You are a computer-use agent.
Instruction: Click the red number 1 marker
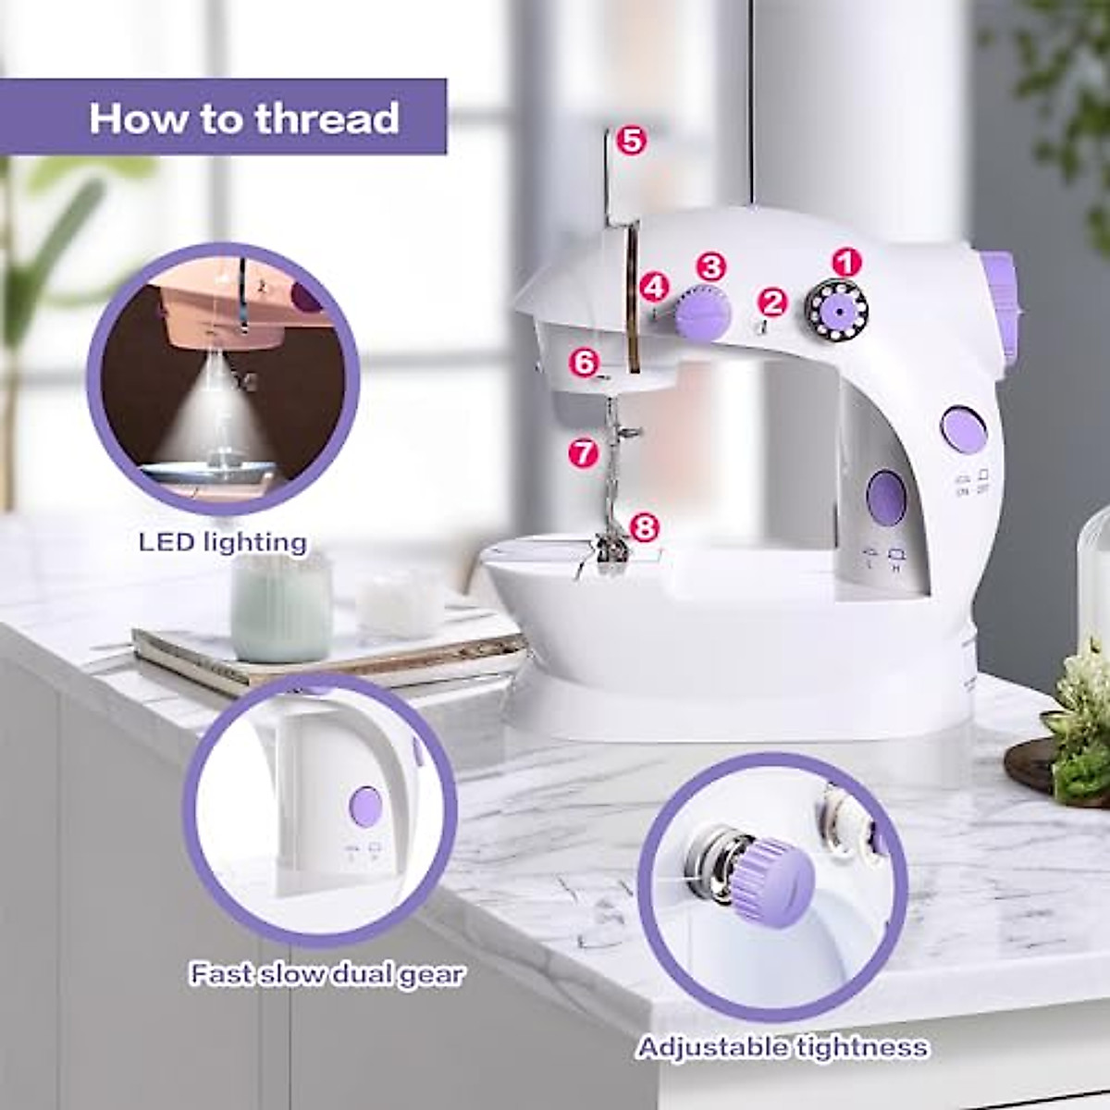tap(844, 262)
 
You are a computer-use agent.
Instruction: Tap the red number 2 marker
tap(772, 302)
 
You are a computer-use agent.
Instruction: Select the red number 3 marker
tap(710, 267)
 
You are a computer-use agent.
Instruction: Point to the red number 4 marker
tap(655, 287)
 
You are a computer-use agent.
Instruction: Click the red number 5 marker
tap(631, 141)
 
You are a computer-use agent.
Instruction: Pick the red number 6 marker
tap(585, 363)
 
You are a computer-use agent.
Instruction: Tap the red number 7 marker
tap(583, 452)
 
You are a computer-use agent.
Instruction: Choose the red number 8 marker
tap(645, 527)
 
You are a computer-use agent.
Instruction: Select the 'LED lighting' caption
tap(223, 542)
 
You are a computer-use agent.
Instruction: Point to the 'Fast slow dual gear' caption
tap(327, 974)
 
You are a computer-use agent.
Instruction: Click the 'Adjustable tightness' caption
tap(782, 1047)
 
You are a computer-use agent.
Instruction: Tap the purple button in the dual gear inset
tap(366, 807)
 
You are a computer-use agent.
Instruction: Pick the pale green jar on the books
tap(281, 607)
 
